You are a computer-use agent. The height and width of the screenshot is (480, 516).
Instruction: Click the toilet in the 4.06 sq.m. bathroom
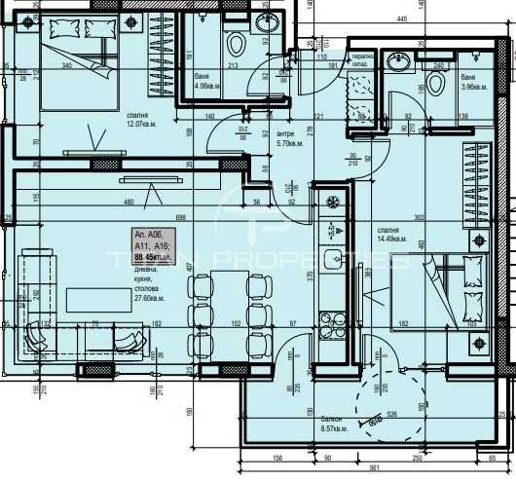pos(235,44)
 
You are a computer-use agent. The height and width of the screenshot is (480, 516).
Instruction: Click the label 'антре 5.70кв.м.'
pos(286,138)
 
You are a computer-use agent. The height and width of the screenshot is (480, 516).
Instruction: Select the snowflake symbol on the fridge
pos(333,202)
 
